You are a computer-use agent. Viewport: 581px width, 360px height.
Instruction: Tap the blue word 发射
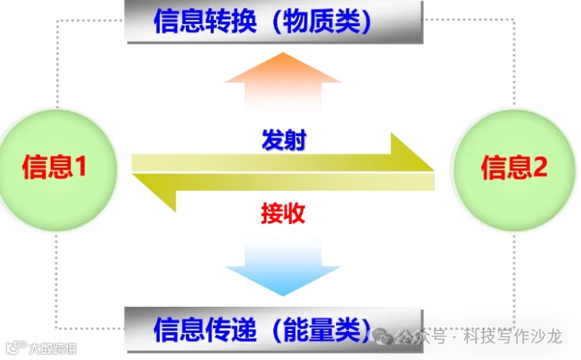(284, 141)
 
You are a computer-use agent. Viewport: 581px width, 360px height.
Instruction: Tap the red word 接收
(283, 212)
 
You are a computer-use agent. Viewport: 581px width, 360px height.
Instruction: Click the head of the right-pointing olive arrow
(413, 153)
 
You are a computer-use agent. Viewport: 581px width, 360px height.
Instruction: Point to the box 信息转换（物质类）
(274, 21)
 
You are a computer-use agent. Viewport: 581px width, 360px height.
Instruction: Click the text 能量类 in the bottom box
(318, 328)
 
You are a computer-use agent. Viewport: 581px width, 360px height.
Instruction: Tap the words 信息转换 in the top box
(202, 21)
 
